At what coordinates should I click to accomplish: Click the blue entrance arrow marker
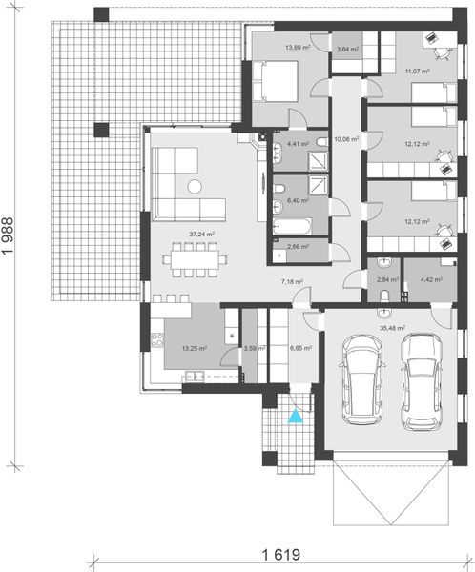[x=295, y=415]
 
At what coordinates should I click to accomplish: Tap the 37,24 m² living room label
[x=200, y=234]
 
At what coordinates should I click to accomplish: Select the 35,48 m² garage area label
[x=394, y=328]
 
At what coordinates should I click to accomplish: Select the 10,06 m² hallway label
[x=345, y=139]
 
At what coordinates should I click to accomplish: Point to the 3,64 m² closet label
[x=345, y=49]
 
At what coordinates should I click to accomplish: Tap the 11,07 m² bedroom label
[x=417, y=71]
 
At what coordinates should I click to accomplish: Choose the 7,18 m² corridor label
[x=292, y=282]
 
